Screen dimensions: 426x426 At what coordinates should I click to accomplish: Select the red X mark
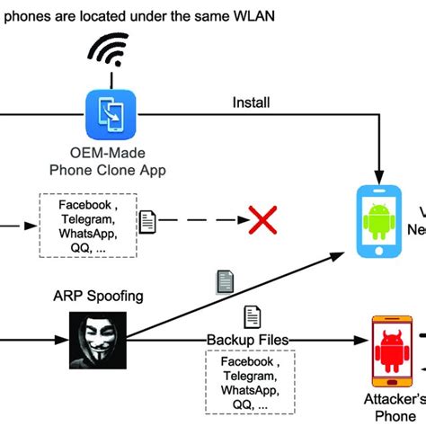click(x=262, y=219)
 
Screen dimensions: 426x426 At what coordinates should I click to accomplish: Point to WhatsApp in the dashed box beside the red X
click(x=87, y=233)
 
